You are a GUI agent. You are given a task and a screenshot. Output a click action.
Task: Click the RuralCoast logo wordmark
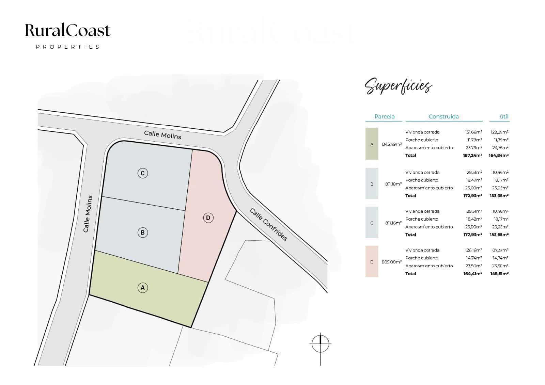pyautogui.click(x=68, y=30)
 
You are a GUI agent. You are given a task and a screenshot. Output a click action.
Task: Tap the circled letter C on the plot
pyautogui.click(x=143, y=173)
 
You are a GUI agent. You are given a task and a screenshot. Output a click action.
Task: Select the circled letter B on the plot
pyautogui.click(x=143, y=232)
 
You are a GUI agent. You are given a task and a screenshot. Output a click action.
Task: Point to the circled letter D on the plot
pyautogui.click(x=208, y=218)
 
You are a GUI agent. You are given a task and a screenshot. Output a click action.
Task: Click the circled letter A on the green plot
pyautogui.click(x=143, y=288)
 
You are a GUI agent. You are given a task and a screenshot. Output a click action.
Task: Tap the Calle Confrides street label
pyautogui.click(x=268, y=224)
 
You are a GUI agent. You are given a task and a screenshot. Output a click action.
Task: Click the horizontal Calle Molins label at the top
pyautogui.click(x=162, y=135)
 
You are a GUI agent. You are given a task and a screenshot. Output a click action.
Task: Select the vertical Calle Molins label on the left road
pyautogui.click(x=88, y=214)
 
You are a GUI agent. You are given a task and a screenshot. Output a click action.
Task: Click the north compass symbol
pyautogui.click(x=320, y=344)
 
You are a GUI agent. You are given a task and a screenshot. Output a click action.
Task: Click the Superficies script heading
pyautogui.click(x=398, y=85)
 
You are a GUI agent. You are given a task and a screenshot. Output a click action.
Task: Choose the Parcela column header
pyautogui.click(x=384, y=116)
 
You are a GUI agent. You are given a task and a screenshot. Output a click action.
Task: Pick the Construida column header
pyautogui.click(x=443, y=116)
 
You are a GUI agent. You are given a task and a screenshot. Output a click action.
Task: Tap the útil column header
pyautogui.click(x=504, y=116)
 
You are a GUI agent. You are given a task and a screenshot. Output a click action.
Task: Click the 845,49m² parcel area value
pyautogui.click(x=392, y=144)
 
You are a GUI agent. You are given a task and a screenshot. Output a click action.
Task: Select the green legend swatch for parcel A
pyautogui.click(x=372, y=144)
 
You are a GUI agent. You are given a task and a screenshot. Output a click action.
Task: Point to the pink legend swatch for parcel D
pyautogui.click(x=372, y=261)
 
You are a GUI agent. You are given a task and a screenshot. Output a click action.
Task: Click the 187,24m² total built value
pyautogui.click(x=472, y=155)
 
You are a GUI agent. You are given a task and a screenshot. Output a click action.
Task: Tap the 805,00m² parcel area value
pyautogui.click(x=392, y=262)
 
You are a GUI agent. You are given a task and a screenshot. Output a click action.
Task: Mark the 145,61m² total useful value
pyautogui.click(x=499, y=273)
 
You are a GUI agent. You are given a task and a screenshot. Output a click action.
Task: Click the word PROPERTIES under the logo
pyautogui.click(x=68, y=47)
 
